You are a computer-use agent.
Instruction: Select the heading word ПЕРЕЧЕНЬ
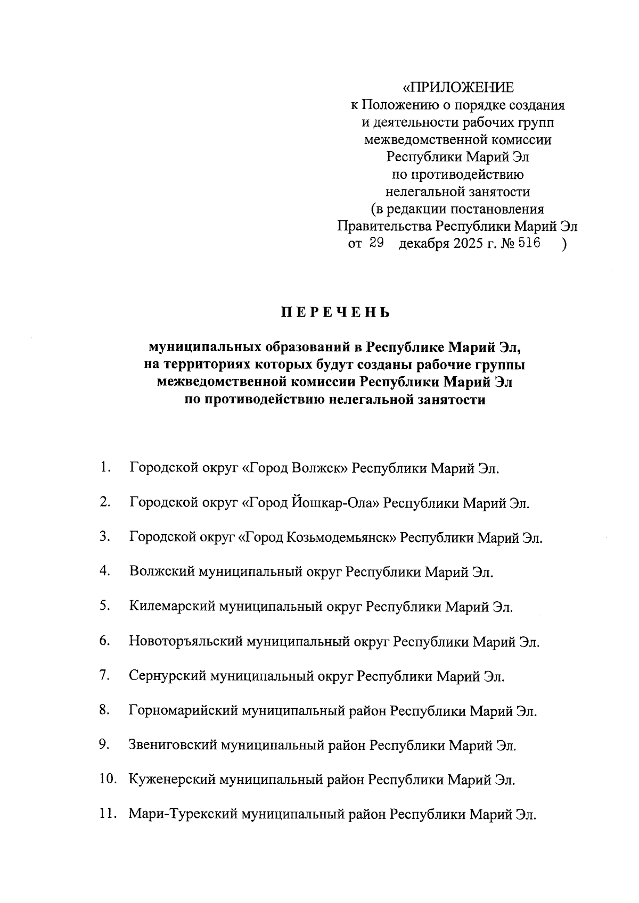pos(335,313)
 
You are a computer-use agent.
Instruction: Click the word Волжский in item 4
pos(162,572)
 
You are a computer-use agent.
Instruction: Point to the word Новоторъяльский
pos(185,641)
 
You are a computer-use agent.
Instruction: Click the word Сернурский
pos(168,676)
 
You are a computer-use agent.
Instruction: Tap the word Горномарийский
pos(183,711)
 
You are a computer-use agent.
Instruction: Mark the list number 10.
pos(107,780)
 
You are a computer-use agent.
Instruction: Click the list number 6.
pos(104,641)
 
